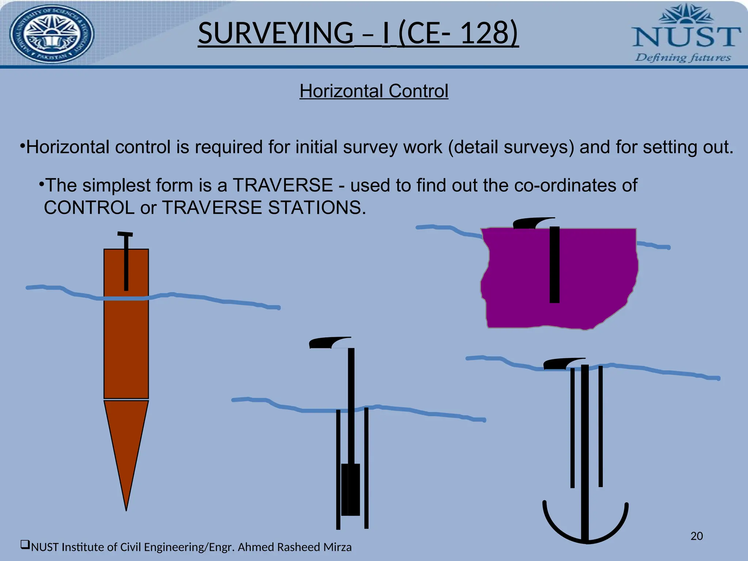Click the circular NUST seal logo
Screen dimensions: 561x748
pyautogui.click(x=51, y=34)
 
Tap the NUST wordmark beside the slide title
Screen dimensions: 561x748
pyautogui.click(x=686, y=37)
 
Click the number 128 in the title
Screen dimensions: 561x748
pyautogui.click(x=484, y=33)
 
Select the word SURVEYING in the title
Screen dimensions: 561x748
pyautogui.click(x=275, y=33)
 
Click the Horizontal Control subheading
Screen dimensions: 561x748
pyautogui.click(x=374, y=91)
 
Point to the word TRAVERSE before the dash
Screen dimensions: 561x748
pyautogui.click(x=283, y=185)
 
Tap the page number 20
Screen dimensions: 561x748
pyautogui.click(x=697, y=536)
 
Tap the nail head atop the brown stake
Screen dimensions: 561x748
pyautogui.click(x=125, y=234)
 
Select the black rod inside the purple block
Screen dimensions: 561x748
pyautogui.click(x=554, y=265)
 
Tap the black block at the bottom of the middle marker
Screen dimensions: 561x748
pyautogui.click(x=351, y=489)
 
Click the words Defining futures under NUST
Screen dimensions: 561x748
pyautogui.click(x=683, y=58)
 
